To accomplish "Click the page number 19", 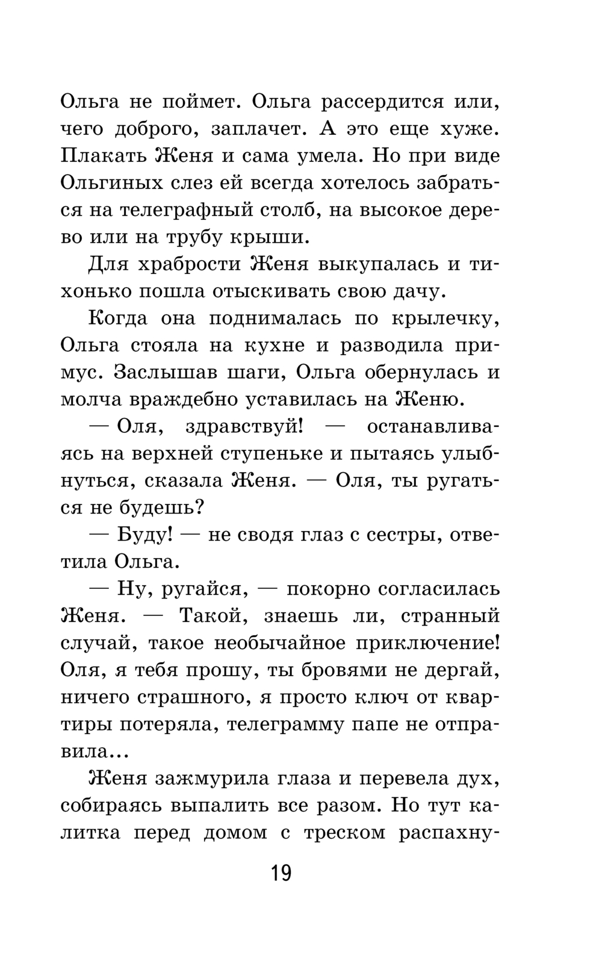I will pyautogui.click(x=281, y=872).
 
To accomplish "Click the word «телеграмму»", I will pyautogui.click(x=287, y=724).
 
